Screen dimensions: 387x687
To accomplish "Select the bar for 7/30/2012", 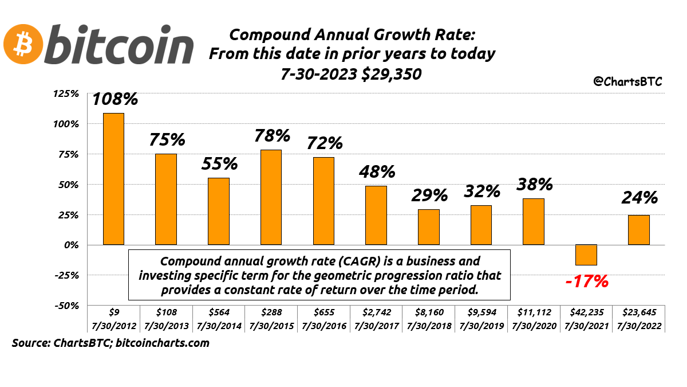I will click(x=113, y=178).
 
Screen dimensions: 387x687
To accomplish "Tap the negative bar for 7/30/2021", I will click(x=586, y=255).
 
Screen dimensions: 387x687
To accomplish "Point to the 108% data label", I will click(x=115, y=99).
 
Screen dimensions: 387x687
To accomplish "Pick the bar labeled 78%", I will click(x=271, y=197).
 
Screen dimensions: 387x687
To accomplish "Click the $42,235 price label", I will click(x=586, y=313).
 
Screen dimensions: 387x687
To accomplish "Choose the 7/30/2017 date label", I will click(x=376, y=326).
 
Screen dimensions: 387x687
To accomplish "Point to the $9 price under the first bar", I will click(x=113, y=313).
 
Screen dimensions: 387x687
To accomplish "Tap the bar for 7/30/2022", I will click(x=638, y=230).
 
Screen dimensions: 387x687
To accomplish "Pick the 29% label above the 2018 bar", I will click(x=429, y=195).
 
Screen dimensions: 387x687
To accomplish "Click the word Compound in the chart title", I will click(x=264, y=34).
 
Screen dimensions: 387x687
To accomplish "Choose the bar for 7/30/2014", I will click(x=218, y=211).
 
